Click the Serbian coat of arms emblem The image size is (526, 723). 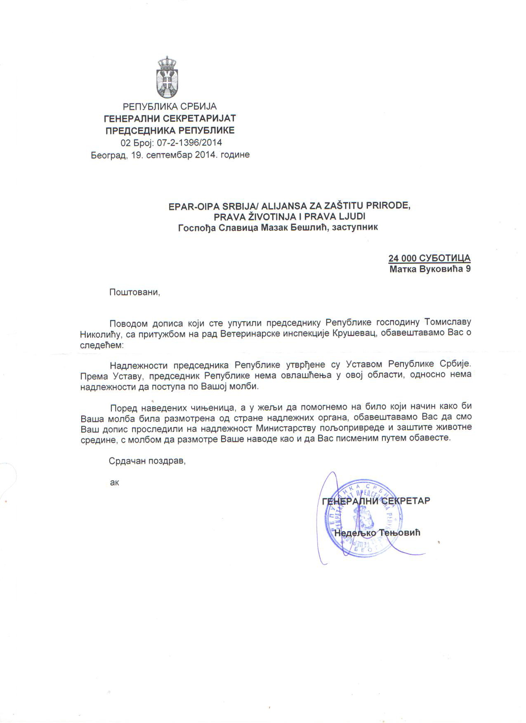click(167, 77)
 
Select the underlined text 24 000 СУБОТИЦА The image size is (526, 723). click(429, 258)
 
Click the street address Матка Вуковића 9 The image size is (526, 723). click(430, 269)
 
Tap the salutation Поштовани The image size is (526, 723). click(134, 292)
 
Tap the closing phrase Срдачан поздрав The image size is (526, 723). click(147, 461)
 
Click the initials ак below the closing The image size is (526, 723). click(114, 482)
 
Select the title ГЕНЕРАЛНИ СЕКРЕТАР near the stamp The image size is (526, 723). click(376, 501)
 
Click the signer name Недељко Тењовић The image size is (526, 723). click(377, 533)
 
